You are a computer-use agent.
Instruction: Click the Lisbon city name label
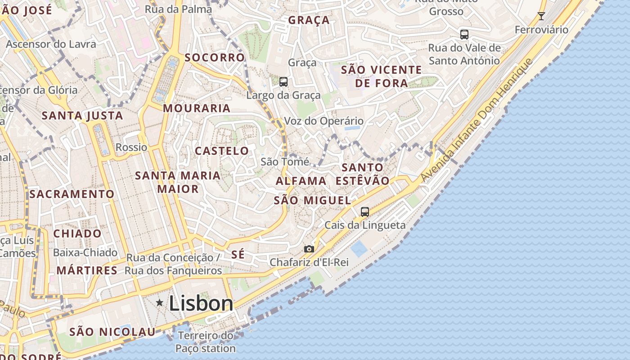click(201, 304)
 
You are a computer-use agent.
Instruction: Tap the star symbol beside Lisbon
click(159, 303)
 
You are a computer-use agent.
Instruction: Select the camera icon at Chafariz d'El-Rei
click(309, 249)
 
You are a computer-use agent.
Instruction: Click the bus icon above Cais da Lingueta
click(365, 211)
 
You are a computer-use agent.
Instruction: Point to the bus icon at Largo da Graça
click(283, 82)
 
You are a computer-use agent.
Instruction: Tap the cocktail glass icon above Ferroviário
click(541, 17)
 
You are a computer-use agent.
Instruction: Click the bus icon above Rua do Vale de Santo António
click(464, 34)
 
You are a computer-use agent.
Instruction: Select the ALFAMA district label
click(301, 181)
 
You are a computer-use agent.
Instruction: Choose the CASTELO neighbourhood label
click(222, 151)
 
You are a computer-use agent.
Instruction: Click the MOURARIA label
click(197, 108)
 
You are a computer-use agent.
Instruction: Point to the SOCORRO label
click(215, 58)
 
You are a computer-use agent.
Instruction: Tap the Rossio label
click(131, 147)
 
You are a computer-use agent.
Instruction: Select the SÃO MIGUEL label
click(312, 201)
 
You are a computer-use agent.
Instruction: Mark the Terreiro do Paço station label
click(206, 342)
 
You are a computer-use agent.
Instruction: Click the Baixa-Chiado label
click(85, 252)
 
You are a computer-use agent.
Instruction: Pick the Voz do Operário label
click(324, 121)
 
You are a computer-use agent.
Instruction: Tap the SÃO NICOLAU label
click(112, 332)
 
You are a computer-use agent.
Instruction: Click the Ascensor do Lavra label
click(51, 44)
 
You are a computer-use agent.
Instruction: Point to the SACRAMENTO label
click(72, 194)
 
